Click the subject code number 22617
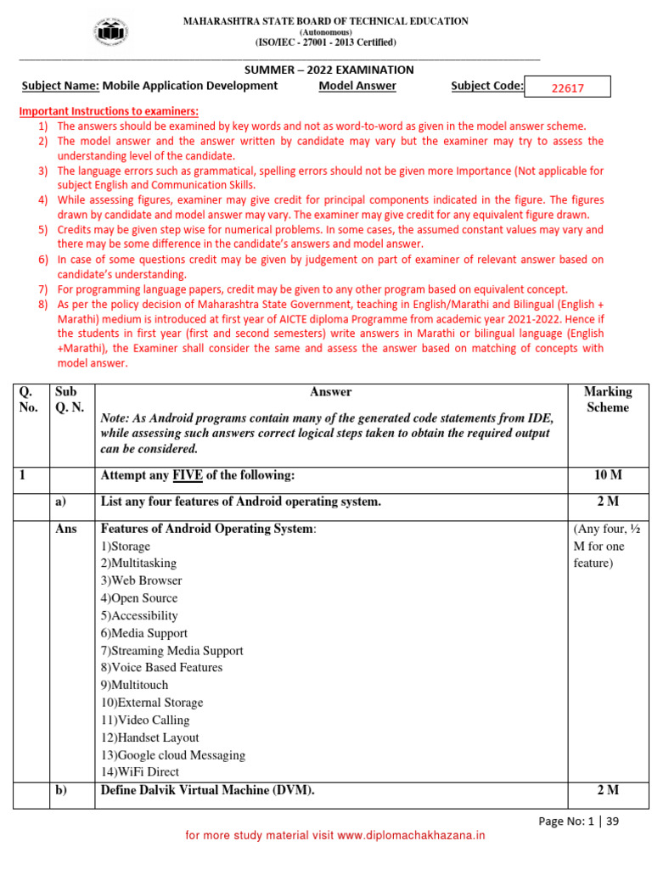tap(568, 87)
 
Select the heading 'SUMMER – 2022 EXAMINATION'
tap(329, 70)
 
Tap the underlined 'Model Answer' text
tap(357, 86)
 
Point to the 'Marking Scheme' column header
tap(608, 400)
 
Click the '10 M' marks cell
tap(608, 476)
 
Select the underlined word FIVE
tap(188, 476)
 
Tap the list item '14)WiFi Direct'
tap(140, 772)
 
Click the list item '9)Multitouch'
tap(134, 685)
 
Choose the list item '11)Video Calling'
tap(145, 720)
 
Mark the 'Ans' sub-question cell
tap(66, 529)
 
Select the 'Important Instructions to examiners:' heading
tap(109, 111)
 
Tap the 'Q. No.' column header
tap(29, 400)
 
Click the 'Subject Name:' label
tap(60, 86)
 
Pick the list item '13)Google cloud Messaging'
tap(173, 755)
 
